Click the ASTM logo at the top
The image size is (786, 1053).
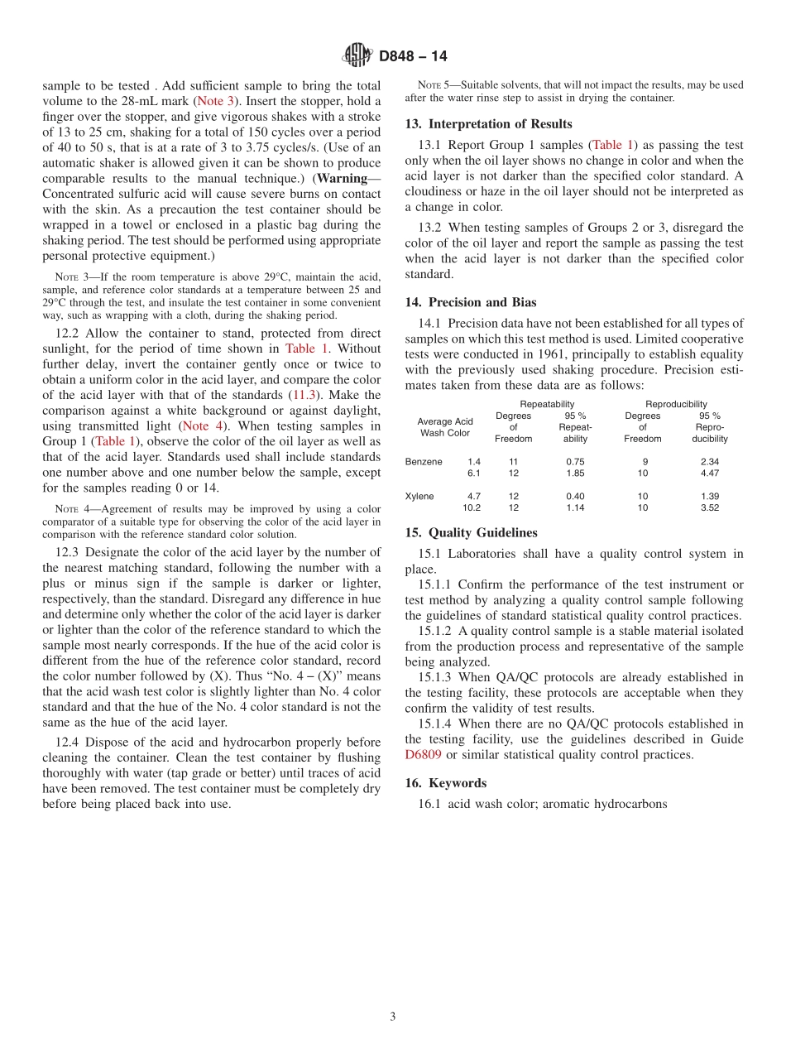pyautogui.click(x=358, y=55)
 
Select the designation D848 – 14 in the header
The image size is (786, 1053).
pyautogui.click(x=413, y=56)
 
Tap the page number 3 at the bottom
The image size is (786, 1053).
pyautogui.click(x=393, y=1017)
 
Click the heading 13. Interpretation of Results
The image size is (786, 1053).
pyautogui.click(x=488, y=124)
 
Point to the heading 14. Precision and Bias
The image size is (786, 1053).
pyautogui.click(x=471, y=302)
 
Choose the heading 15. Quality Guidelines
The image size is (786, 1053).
pyautogui.click(x=471, y=533)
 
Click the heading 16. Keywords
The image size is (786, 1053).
pyautogui.click(x=445, y=783)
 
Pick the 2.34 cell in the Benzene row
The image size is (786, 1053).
pyautogui.click(x=709, y=462)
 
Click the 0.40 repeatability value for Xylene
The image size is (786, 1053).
pyautogui.click(x=574, y=497)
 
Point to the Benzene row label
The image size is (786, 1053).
pyautogui.click(x=424, y=462)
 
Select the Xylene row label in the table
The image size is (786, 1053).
pyautogui.click(x=419, y=497)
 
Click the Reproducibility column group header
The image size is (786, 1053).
pyautogui.click(x=676, y=404)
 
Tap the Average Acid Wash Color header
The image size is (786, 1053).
pyautogui.click(x=445, y=427)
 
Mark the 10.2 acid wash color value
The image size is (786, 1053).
pyautogui.click(x=471, y=508)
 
